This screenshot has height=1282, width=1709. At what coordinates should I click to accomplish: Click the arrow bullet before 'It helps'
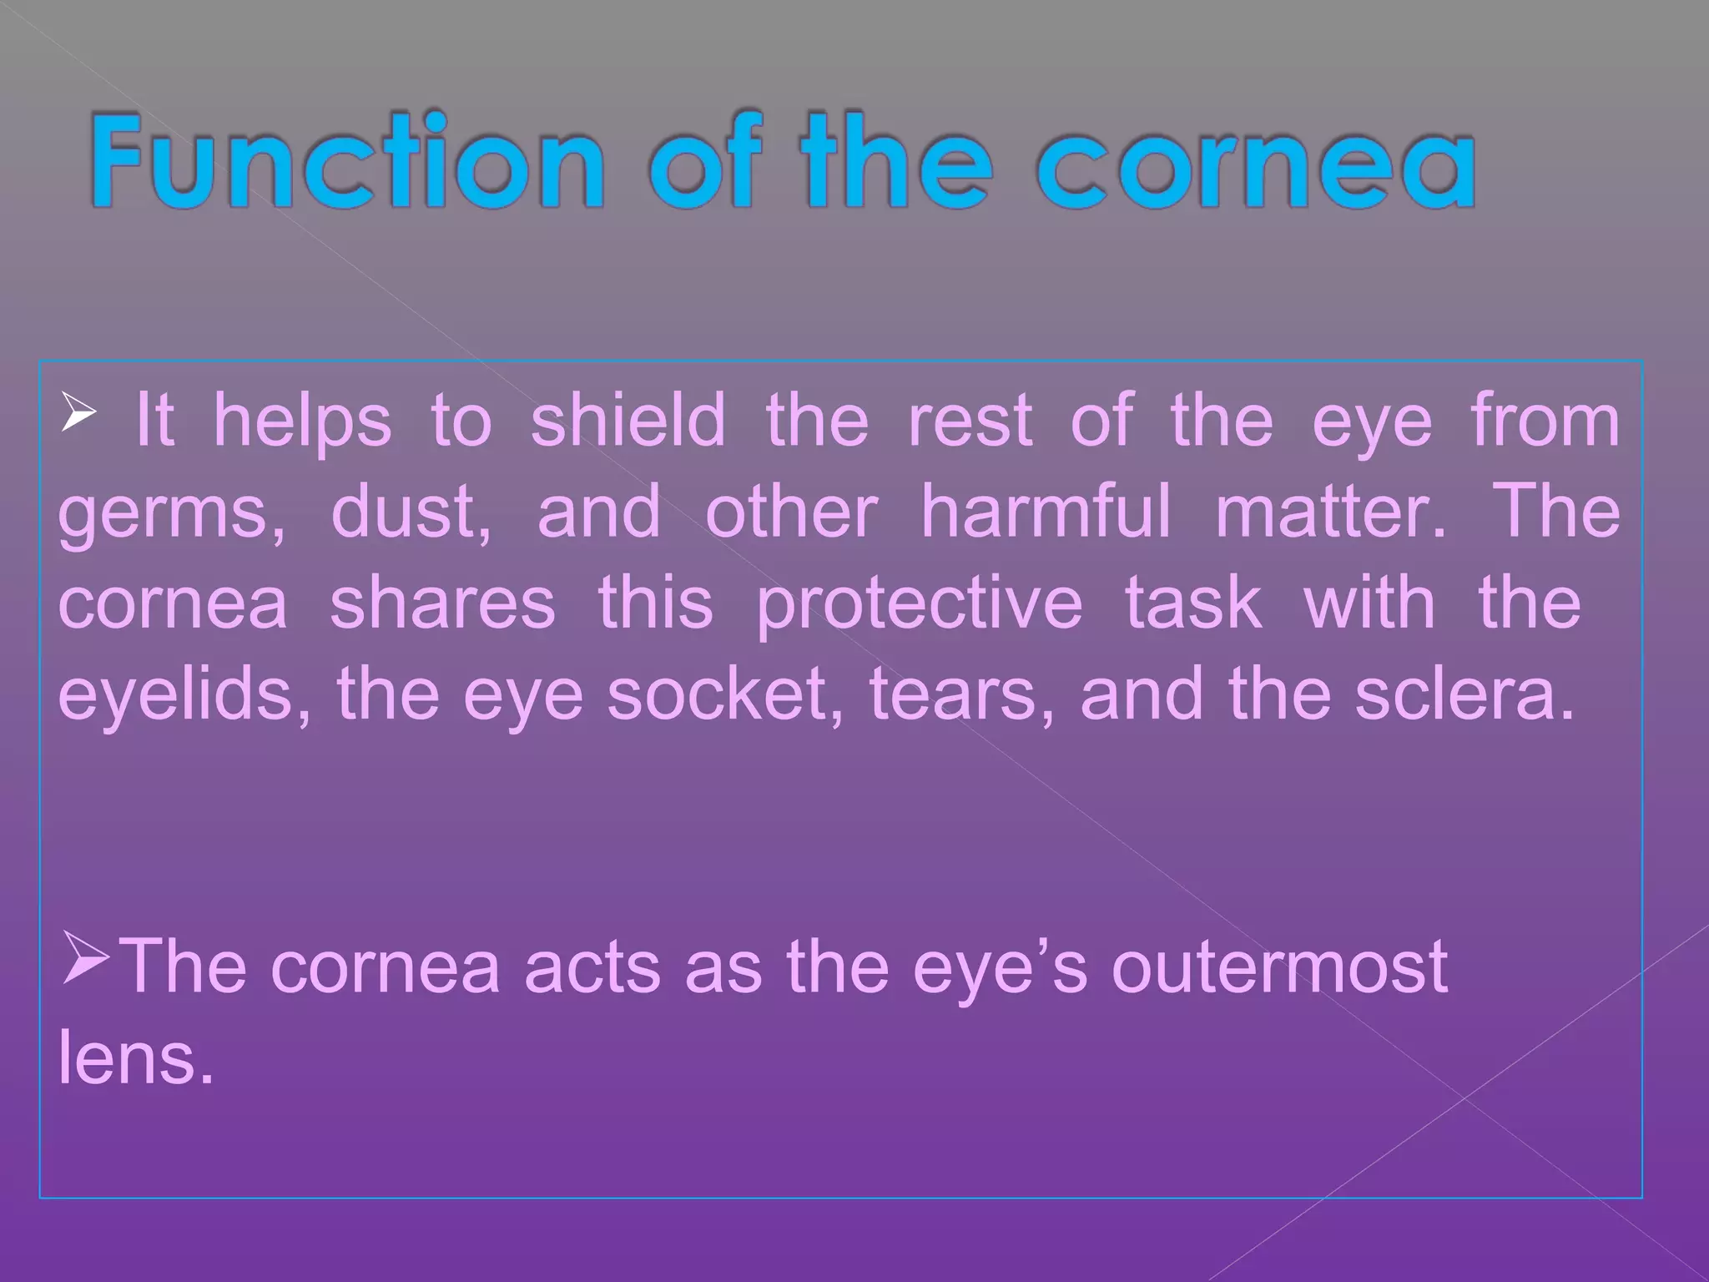coord(78,414)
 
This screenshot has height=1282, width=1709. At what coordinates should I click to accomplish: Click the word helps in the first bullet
coord(301,421)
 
